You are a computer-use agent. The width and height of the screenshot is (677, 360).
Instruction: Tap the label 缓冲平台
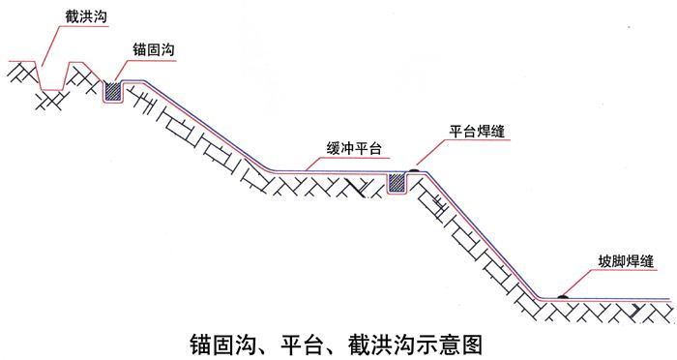click(354, 148)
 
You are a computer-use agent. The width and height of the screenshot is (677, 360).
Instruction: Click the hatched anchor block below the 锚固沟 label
click(113, 91)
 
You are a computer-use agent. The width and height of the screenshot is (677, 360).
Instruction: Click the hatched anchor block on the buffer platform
click(397, 182)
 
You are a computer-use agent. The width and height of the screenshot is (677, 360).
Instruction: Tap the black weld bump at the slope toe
click(561, 295)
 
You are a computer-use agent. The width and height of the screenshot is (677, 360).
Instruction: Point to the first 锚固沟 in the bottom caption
click(217, 344)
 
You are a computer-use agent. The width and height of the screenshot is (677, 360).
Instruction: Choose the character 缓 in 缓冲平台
click(332, 148)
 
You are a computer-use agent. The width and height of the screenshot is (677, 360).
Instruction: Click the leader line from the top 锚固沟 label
click(123, 67)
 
